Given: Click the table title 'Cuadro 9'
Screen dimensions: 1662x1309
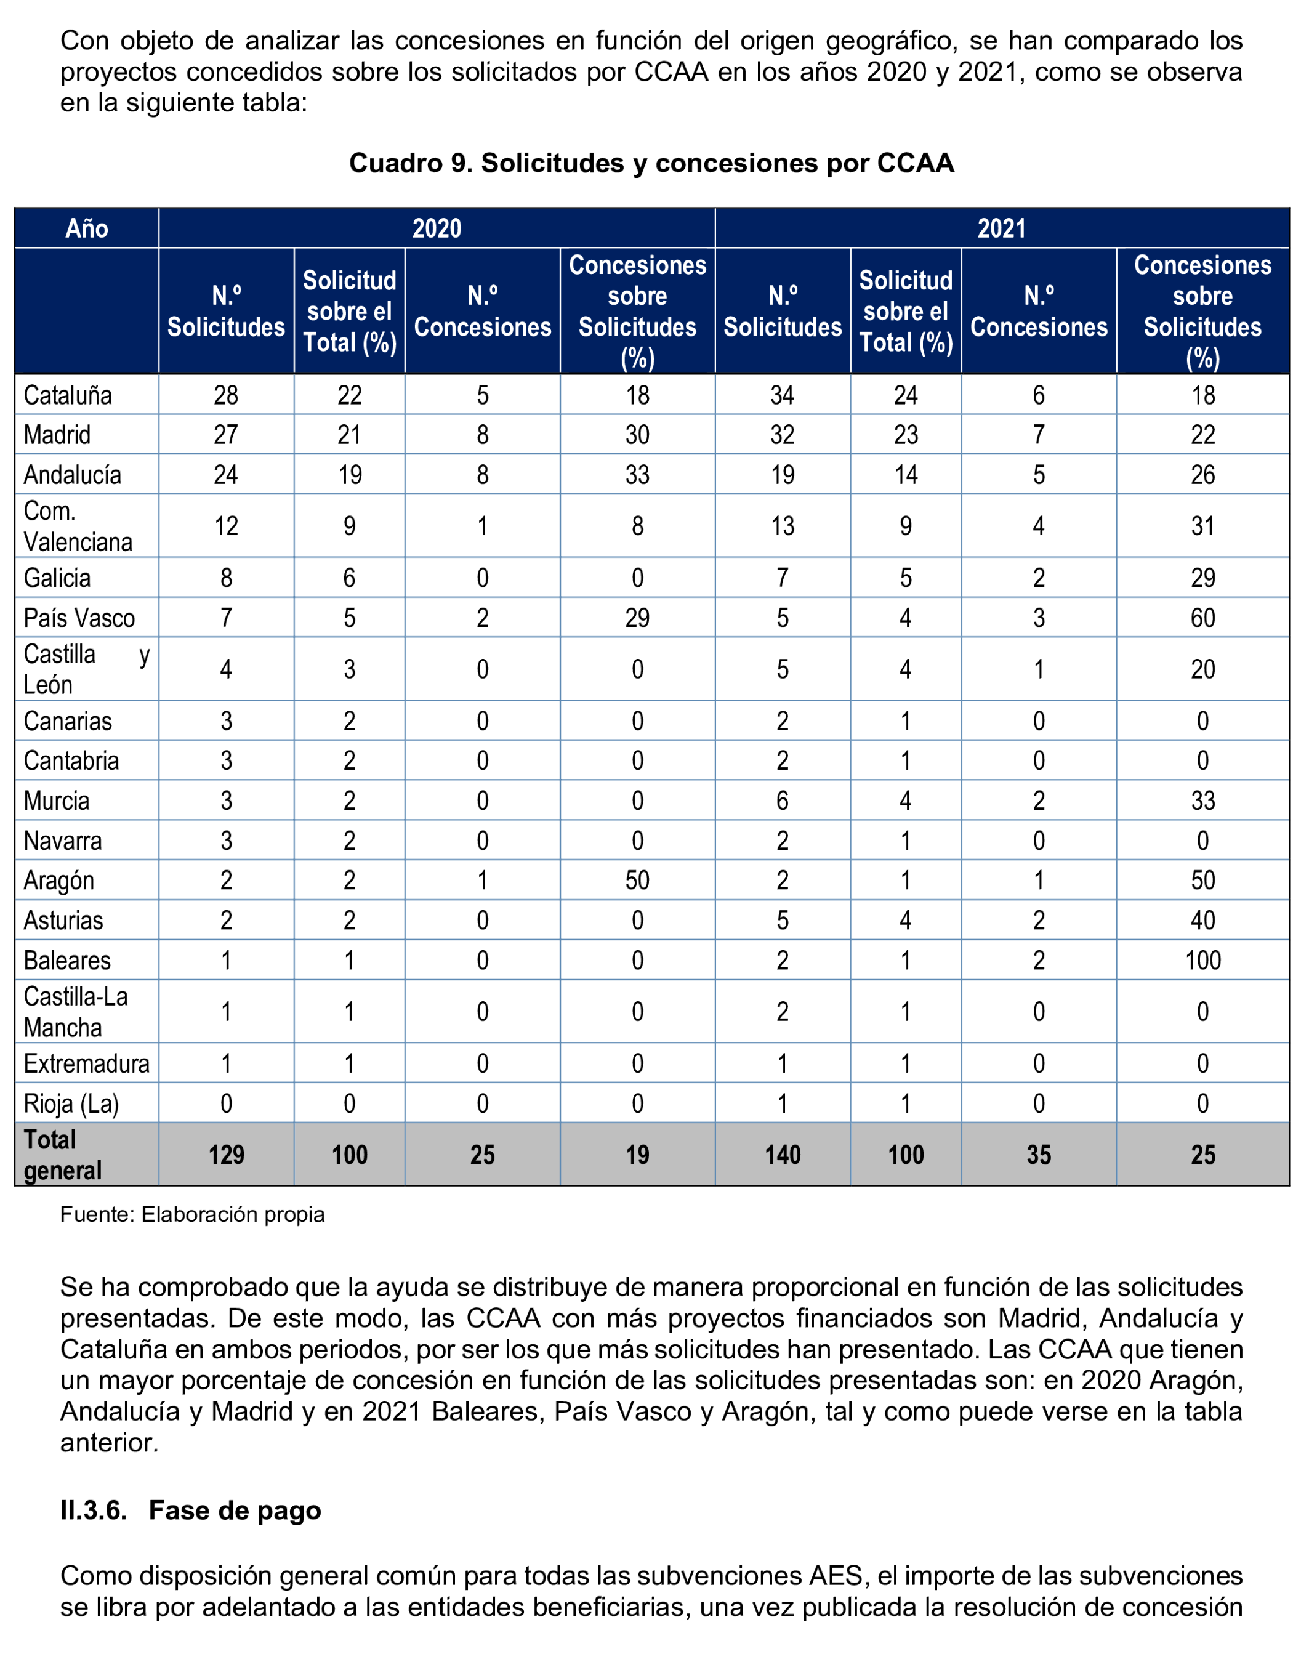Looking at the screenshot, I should pyautogui.click(x=651, y=163).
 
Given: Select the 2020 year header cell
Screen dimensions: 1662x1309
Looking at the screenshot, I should pyautogui.click(x=437, y=228).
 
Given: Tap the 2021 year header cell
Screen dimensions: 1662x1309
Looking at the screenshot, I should pyautogui.click(x=1001, y=228).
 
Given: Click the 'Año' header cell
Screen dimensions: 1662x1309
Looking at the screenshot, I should pyautogui.click(x=87, y=228).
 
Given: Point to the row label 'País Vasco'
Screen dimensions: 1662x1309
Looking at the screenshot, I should pyautogui.click(x=79, y=618).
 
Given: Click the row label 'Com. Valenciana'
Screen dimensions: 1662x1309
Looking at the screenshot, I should pyautogui.click(x=78, y=526).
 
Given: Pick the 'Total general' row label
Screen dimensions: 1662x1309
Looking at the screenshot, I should pyautogui.click(x=63, y=1155).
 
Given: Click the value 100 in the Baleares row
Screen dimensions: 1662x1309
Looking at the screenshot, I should pyautogui.click(x=1202, y=961).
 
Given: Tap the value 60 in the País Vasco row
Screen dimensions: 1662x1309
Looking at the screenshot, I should pyautogui.click(x=1202, y=618).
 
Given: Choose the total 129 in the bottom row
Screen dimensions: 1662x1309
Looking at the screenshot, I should pyautogui.click(x=226, y=1155).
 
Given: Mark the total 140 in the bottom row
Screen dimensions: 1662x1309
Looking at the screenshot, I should pyautogui.click(x=783, y=1155).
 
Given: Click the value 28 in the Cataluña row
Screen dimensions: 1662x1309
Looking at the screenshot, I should pyautogui.click(x=226, y=395).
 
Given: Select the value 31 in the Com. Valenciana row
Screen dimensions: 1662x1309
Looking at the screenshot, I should pyautogui.click(x=1202, y=526).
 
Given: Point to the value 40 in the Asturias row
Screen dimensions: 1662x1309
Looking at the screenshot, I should pyautogui.click(x=1202, y=921).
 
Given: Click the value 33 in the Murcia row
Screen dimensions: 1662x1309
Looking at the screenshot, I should pyautogui.click(x=1202, y=801).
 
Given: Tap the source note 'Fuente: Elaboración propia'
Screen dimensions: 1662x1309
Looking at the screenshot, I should pyautogui.click(x=192, y=1214).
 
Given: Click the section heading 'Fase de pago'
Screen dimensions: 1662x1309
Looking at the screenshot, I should pyautogui.click(x=235, y=1511).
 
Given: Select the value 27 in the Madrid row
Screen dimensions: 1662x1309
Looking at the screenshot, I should pyautogui.click(x=226, y=435).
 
